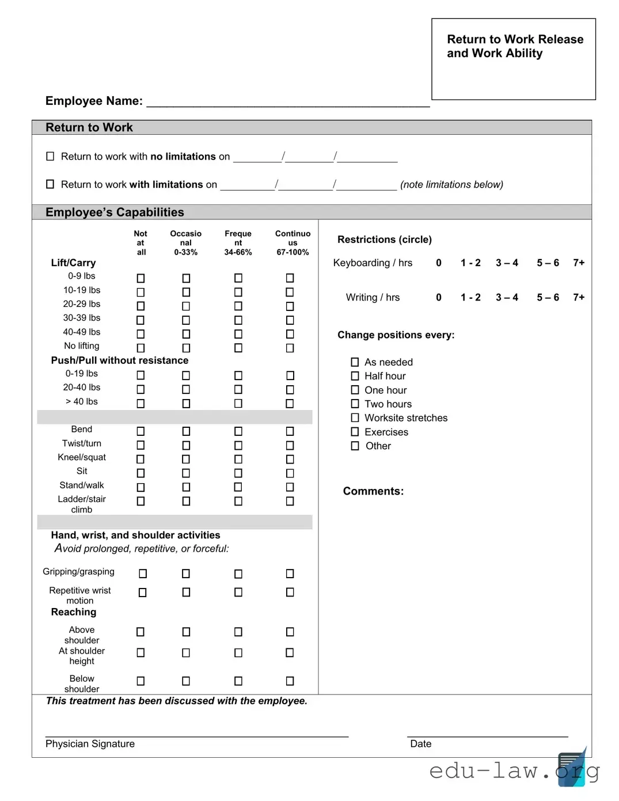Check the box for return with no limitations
pos(50,156)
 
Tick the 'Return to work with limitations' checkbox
pos(50,184)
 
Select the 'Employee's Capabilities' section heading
pos(115,212)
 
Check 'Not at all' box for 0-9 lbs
pos(140,278)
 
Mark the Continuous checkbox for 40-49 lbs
pos(290,334)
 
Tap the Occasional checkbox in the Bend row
pos(186,431)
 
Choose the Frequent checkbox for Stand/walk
pos(238,487)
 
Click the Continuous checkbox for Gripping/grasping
pos(290,574)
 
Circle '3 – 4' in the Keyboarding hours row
pos(507,263)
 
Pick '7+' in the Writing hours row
pos(579,297)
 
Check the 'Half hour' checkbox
pos(355,376)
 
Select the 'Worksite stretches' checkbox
pos(355,418)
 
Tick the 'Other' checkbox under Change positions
pos(355,446)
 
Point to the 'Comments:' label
pos(373,491)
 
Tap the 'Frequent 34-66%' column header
pos(238,242)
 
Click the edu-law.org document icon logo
pos(572,767)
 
